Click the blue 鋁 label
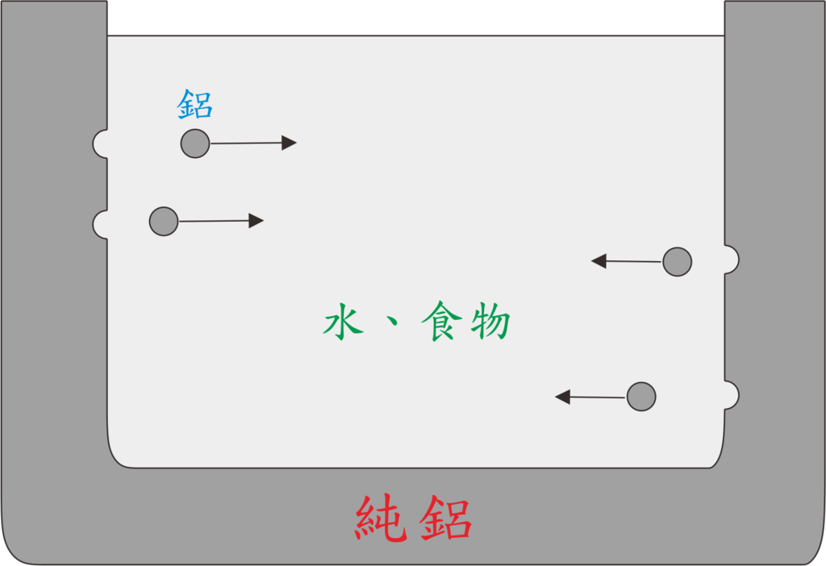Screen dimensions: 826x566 click(195, 104)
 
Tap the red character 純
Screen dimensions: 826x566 click(382, 518)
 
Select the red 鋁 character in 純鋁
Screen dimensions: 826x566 click(445, 518)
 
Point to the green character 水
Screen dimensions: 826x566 click(344, 321)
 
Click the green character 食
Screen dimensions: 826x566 click(441, 321)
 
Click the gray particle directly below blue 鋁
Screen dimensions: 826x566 click(195, 144)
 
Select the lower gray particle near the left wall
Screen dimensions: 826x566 click(164, 221)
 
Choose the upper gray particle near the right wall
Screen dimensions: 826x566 click(678, 262)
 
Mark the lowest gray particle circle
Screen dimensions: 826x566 click(641, 397)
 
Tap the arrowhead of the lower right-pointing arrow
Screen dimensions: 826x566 click(256, 221)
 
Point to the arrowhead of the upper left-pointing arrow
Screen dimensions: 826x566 click(599, 260)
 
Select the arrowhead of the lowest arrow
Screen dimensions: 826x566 click(563, 397)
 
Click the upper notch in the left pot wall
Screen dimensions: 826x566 click(101, 144)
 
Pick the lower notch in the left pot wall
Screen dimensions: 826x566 click(101, 225)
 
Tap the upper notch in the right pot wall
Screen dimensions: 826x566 click(732, 260)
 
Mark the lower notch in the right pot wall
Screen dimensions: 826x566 click(732, 395)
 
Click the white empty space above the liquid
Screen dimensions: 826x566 click(415, 18)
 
